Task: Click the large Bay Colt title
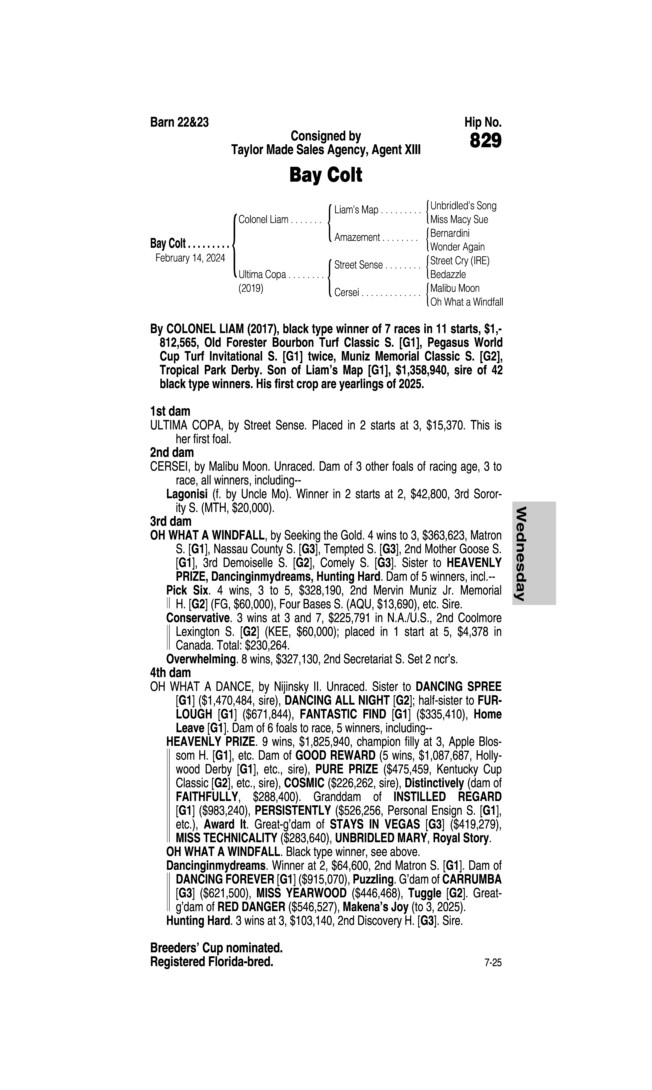click(326, 175)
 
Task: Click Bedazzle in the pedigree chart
click(448, 275)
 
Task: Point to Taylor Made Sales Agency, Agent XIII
click(326, 150)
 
